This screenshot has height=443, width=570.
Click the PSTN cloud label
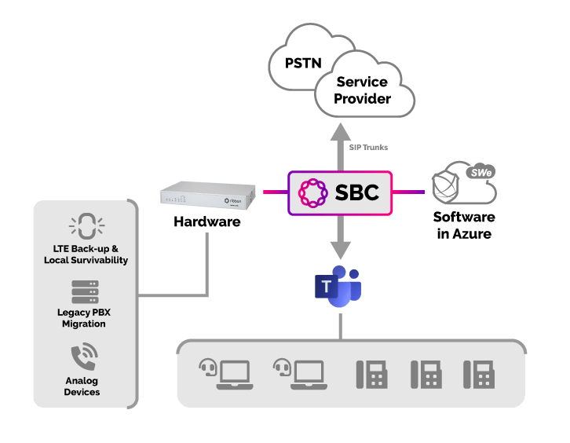coord(303,64)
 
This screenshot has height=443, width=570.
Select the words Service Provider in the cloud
coord(362,90)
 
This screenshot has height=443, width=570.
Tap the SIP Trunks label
coord(368,148)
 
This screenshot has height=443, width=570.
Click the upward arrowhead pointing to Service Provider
coord(340,132)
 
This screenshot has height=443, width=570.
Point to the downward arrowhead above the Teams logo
coord(340,251)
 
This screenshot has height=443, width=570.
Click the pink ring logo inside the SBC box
coord(312,192)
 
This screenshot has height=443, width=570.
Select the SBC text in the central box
coord(357,192)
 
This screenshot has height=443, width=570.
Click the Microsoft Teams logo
coord(338,286)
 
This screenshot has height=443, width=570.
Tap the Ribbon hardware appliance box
coord(207,196)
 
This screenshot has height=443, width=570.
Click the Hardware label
coord(206,222)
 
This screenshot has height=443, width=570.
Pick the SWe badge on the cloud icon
coord(481,172)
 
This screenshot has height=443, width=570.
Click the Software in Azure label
coord(464,225)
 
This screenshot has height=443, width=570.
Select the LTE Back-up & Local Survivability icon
coord(87,226)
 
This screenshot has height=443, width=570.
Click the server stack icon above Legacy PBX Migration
coord(85,291)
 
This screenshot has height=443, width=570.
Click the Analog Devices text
coord(82,386)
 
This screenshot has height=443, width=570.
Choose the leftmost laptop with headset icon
coord(226,374)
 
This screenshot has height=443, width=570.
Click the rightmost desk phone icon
coord(479,375)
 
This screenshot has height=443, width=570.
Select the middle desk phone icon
coord(426,375)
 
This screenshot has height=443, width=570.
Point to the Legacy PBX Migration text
coord(83,318)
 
